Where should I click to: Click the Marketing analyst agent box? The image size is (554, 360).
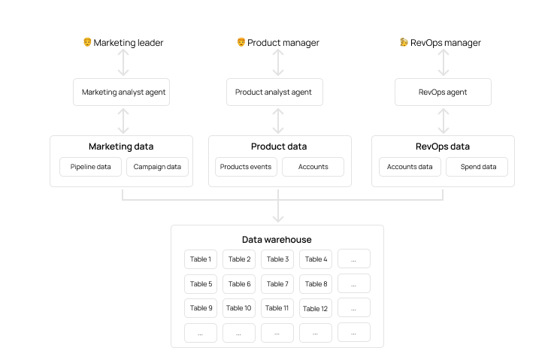click(124, 92)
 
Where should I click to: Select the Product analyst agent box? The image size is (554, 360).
click(274, 92)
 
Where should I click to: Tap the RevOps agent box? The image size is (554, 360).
click(443, 92)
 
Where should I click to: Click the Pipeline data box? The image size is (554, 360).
click(90, 167)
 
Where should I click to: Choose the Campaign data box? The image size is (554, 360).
click(157, 167)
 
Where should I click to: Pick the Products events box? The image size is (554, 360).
click(246, 167)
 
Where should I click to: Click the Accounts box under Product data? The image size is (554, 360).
click(313, 167)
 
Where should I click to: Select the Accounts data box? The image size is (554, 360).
click(410, 167)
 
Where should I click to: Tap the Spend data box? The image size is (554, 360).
click(477, 167)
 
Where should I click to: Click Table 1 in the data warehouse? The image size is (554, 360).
click(201, 259)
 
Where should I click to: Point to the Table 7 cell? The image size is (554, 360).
click(277, 284)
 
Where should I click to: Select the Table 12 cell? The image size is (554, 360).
click(316, 308)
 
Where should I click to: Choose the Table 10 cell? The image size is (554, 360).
click(239, 308)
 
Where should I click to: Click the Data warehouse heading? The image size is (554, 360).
click(277, 240)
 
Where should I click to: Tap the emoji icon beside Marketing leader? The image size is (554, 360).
click(87, 43)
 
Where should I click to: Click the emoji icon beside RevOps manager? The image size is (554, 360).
click(404, 43)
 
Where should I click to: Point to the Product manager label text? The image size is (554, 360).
click(283, 43)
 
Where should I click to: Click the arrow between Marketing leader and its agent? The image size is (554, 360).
click(124, 63)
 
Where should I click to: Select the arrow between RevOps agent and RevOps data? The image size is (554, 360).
click(444, 120)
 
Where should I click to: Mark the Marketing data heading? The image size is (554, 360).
click(121, 147)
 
